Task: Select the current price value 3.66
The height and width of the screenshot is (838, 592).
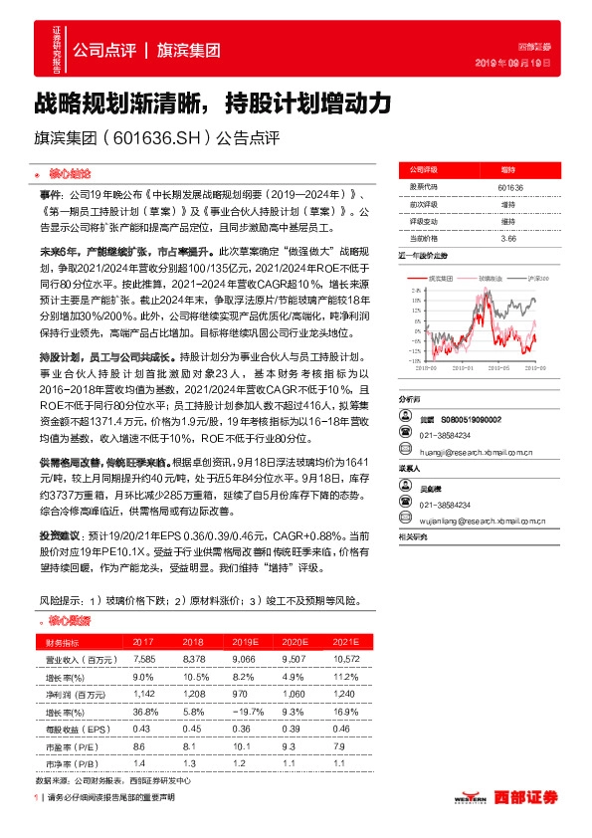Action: click(507, 238)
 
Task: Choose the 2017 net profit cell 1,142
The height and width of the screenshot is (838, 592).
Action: click(143, 694)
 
